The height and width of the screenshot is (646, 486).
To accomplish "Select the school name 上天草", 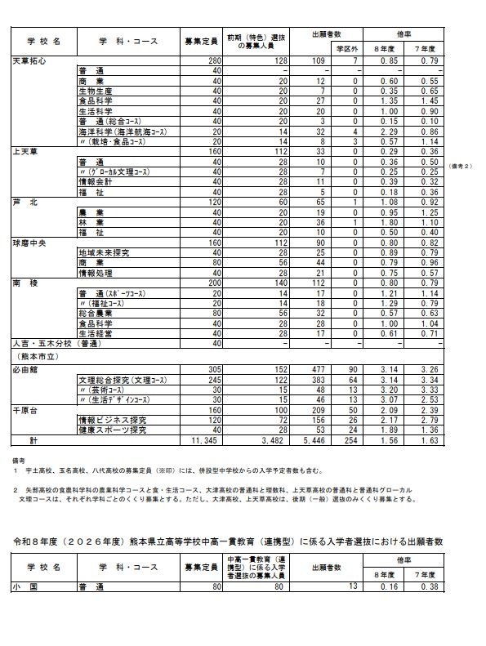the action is (25, 152).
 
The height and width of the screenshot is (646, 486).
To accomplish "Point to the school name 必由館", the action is (25, 368).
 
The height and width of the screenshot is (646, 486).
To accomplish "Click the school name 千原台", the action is (25, 408).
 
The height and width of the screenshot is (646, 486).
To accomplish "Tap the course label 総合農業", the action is (96, 312).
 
